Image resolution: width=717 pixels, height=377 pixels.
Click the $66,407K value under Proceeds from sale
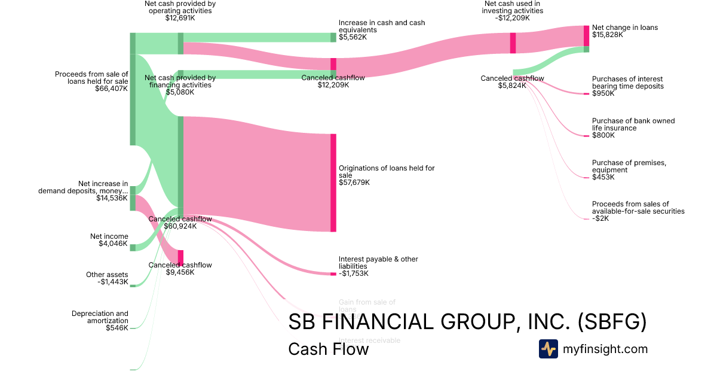click(111, 89)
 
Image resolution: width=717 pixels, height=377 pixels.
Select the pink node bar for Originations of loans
click(333, 183)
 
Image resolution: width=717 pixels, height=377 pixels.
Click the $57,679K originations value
click(354, 183)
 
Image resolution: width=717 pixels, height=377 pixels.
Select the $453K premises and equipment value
click(603, 177)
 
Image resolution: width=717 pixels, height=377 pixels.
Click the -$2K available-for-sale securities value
click(600, 218)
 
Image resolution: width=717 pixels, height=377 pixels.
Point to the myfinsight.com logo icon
click(548, 349)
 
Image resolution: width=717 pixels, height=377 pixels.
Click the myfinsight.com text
click(605, 349)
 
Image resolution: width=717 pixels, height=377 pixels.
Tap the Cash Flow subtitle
click(328, 349)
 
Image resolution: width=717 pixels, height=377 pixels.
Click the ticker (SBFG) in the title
click(612, 322)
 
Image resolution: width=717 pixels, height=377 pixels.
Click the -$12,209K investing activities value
click(513, 18)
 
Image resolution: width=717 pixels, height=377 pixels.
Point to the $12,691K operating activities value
click(180, 18)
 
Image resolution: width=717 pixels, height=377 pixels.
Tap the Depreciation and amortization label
click(100, 317)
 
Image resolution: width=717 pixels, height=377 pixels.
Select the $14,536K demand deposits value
click(112, 198)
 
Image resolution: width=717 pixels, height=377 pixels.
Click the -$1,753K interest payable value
click(354, 273)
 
